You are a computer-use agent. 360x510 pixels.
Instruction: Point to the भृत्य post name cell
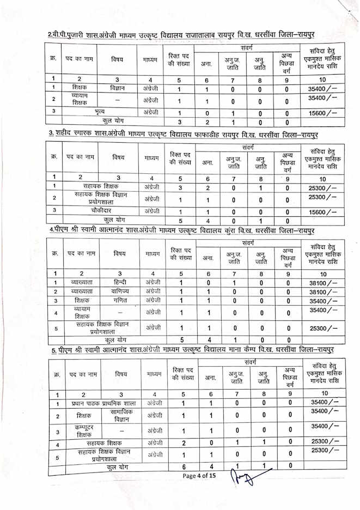click(100, 112)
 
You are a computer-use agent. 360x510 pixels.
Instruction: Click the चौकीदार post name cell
click(99, 211)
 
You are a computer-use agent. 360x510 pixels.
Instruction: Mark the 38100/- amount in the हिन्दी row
click(324, 283)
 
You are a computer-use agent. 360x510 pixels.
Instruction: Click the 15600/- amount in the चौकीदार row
click(324, 212)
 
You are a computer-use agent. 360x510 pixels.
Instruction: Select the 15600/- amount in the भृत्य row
click(324, 113)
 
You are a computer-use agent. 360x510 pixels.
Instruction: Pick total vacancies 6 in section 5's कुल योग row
click(184, 467)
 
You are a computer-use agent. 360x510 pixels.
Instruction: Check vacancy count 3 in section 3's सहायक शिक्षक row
click(180, 186)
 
